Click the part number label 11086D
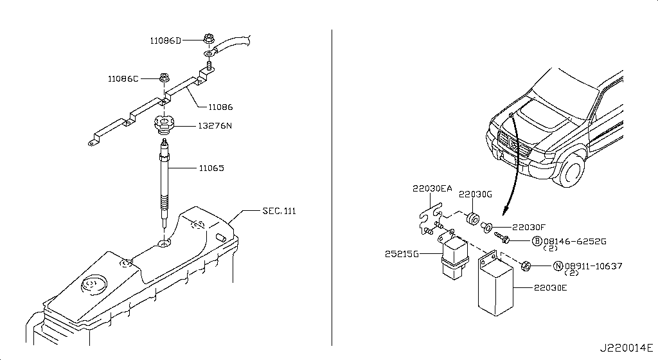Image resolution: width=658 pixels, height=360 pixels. (165, 40)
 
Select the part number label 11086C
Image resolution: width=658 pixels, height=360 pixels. (123, 79)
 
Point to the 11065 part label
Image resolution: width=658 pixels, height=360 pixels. (211, 168)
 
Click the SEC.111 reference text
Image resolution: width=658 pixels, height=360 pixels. (280, 211)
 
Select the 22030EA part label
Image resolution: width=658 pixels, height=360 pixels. (432, 188)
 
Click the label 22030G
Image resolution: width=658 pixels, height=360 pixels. (475, 194)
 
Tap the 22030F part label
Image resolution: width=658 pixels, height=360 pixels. (528, 227)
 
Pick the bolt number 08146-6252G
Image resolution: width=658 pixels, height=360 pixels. (576, 241)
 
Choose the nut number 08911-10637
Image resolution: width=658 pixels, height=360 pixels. (592, 265)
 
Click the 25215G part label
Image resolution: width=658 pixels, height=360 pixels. (402, 255)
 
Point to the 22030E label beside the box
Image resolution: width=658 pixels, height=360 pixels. (550, 289)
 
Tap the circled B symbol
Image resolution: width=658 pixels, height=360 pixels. (537, 241)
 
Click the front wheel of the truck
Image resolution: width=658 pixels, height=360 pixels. (574, 169)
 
